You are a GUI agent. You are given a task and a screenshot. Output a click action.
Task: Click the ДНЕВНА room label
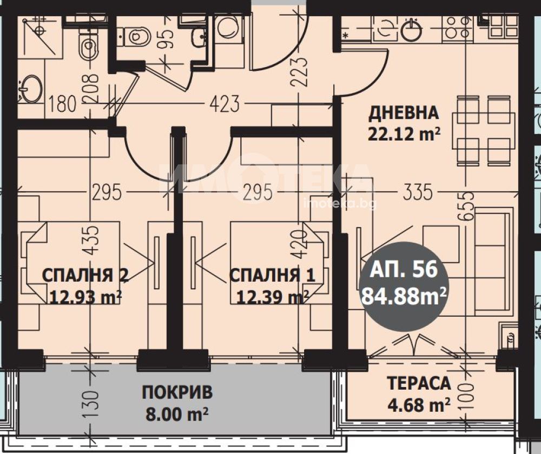point(404,113)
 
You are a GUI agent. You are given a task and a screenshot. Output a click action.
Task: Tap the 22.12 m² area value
point(404,133)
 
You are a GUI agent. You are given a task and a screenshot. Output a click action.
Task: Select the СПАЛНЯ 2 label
point(85,276)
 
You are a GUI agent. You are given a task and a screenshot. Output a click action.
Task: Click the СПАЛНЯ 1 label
point(272,276)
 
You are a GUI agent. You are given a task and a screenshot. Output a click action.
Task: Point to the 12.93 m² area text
point(85,296)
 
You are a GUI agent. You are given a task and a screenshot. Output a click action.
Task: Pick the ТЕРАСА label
point(419,383)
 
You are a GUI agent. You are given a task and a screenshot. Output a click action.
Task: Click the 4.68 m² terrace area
point(419,405)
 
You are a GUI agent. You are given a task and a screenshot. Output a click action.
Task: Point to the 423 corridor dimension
point(225,104)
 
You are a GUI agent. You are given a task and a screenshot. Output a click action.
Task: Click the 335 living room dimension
point(418,192)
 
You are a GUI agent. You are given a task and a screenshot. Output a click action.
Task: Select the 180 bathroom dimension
point(62,104)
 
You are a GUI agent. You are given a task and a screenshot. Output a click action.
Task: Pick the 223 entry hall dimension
point(299,71)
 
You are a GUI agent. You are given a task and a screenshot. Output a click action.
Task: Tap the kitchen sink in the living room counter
point(411,30)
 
